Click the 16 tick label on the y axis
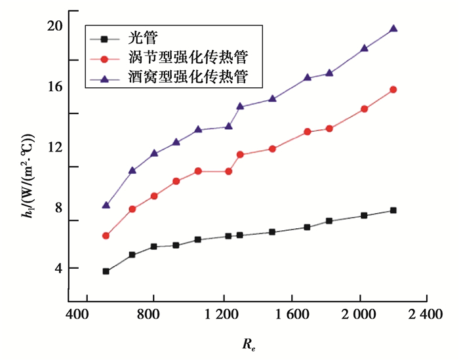[54, 86]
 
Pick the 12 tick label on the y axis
[54, 147]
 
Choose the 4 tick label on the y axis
[58, 268]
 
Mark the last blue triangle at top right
[393, 29]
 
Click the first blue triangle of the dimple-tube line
[106, 205]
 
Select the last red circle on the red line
[393, 90]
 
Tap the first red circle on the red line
[106, 235]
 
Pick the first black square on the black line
[106, 271]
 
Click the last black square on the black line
[393, 210]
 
